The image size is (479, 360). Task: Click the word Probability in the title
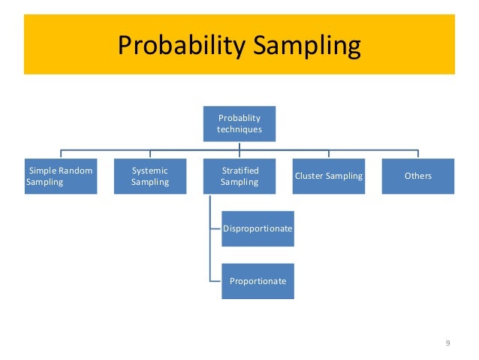coord(179,47)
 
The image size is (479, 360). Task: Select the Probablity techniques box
coord(239,123)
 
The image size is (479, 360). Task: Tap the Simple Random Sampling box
coord(60,176)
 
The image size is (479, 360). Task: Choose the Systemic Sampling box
coord(150,176)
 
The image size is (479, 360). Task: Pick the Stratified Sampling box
coord(239,176)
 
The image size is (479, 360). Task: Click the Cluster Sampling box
coord(329,176)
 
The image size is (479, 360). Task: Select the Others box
coord(417,176)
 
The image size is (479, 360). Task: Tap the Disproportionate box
coord(258,228)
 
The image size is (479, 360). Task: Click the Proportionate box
coord(258,281)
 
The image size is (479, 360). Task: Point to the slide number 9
coord(447,343)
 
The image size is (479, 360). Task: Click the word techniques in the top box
coord(239,129)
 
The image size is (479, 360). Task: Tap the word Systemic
coord(150,171)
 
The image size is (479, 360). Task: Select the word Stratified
coord(239,171)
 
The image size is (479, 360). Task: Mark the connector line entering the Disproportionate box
coord(215,228)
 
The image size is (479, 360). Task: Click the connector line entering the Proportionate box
coord(215,281)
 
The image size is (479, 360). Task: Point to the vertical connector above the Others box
coord(417,153)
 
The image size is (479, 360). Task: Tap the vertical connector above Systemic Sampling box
coord(150,153)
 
